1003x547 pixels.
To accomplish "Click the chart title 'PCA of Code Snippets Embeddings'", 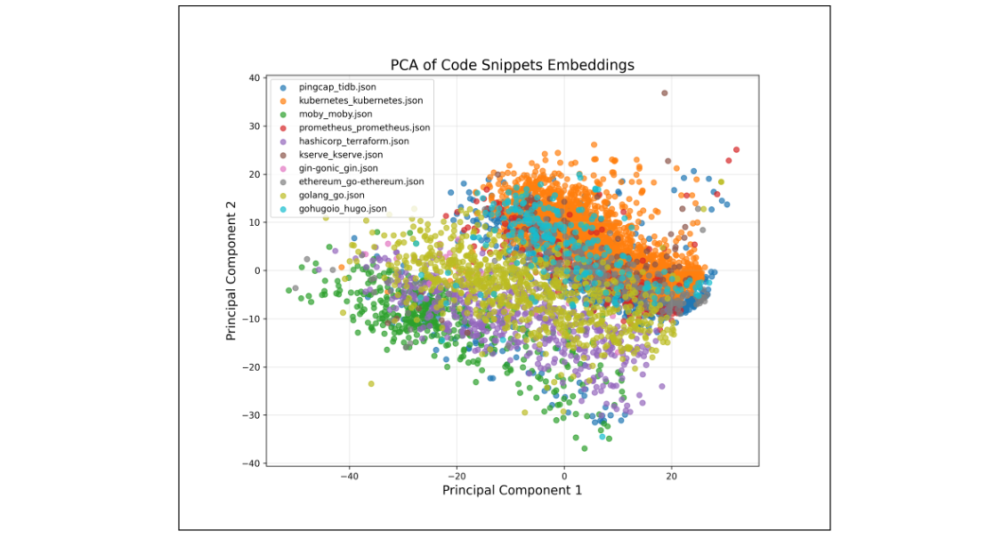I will [x=512, y=65].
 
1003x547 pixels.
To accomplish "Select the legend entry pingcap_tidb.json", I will [x=336, y=87].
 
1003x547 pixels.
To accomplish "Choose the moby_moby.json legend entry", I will [x=336, y=114].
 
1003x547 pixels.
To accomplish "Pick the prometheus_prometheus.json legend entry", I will [x=364, y=127].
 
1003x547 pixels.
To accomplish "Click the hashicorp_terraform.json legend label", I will [x=353, y=141].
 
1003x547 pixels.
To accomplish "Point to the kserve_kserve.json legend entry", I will [x=340, y=155].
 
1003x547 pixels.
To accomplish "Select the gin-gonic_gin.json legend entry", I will [x=338, y=168].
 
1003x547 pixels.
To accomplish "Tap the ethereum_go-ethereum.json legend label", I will [x=361, y=181].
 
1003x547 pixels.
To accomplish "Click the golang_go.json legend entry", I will [x=331, y=195].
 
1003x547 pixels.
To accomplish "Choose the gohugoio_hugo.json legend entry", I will [x=343, y=208].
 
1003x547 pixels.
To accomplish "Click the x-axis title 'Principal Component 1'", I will [x=512, y=490].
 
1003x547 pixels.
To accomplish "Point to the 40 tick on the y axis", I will [x=254, y=78].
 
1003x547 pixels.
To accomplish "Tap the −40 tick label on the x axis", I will [x=348, y=475].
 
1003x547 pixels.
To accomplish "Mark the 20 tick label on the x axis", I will [x=672, y=475].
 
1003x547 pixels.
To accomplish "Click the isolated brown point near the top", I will [x=664, y=93].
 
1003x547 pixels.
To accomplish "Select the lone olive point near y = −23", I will [x=371, y=383].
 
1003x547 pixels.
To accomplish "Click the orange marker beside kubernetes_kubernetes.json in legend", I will [x=283, y=101].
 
